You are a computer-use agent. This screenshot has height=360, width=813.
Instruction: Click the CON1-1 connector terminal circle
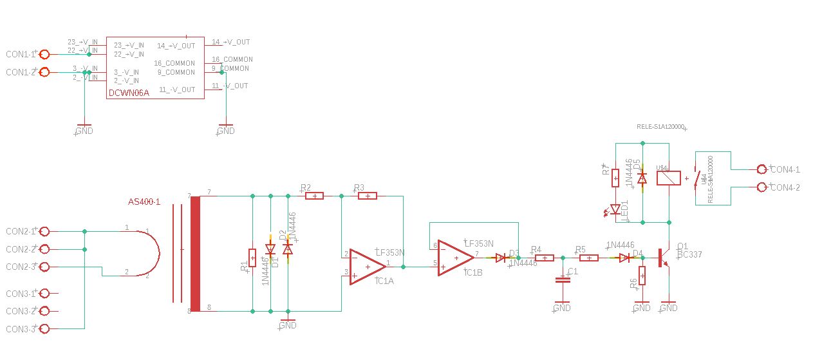[44, 55]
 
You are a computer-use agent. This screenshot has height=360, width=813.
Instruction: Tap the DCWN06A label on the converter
[129, 93]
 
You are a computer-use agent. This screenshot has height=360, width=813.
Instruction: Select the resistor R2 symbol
[314, 195]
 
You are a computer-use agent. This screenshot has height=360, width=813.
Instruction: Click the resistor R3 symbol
[367, 195]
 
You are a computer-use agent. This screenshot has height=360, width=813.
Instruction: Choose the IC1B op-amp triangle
[456, 258]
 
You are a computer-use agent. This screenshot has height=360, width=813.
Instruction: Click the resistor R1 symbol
[252, 258]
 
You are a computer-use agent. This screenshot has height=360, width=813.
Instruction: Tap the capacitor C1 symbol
[563, 279]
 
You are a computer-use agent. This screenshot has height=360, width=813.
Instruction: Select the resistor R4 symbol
[545, 258]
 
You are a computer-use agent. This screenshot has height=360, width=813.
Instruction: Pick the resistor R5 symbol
[589, 258]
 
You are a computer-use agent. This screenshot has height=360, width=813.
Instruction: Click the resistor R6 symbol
[642, 276]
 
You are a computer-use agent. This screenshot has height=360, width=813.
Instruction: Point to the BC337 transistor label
[689, 254]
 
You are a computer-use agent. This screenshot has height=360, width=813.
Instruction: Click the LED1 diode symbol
[615, 209]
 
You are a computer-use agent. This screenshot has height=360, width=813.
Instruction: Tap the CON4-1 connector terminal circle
[762, 169]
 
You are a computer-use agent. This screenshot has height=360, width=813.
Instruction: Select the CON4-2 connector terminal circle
[762, 187]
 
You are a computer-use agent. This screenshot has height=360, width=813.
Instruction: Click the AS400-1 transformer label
[144, 202]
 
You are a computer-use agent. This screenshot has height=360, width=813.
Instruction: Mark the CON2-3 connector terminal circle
[44, 267]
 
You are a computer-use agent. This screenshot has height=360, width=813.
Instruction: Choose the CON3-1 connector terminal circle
[44, 294]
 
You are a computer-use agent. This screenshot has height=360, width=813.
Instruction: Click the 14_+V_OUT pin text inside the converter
[176, 46]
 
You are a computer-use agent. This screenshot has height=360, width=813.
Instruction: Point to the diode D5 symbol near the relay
[642, 178]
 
